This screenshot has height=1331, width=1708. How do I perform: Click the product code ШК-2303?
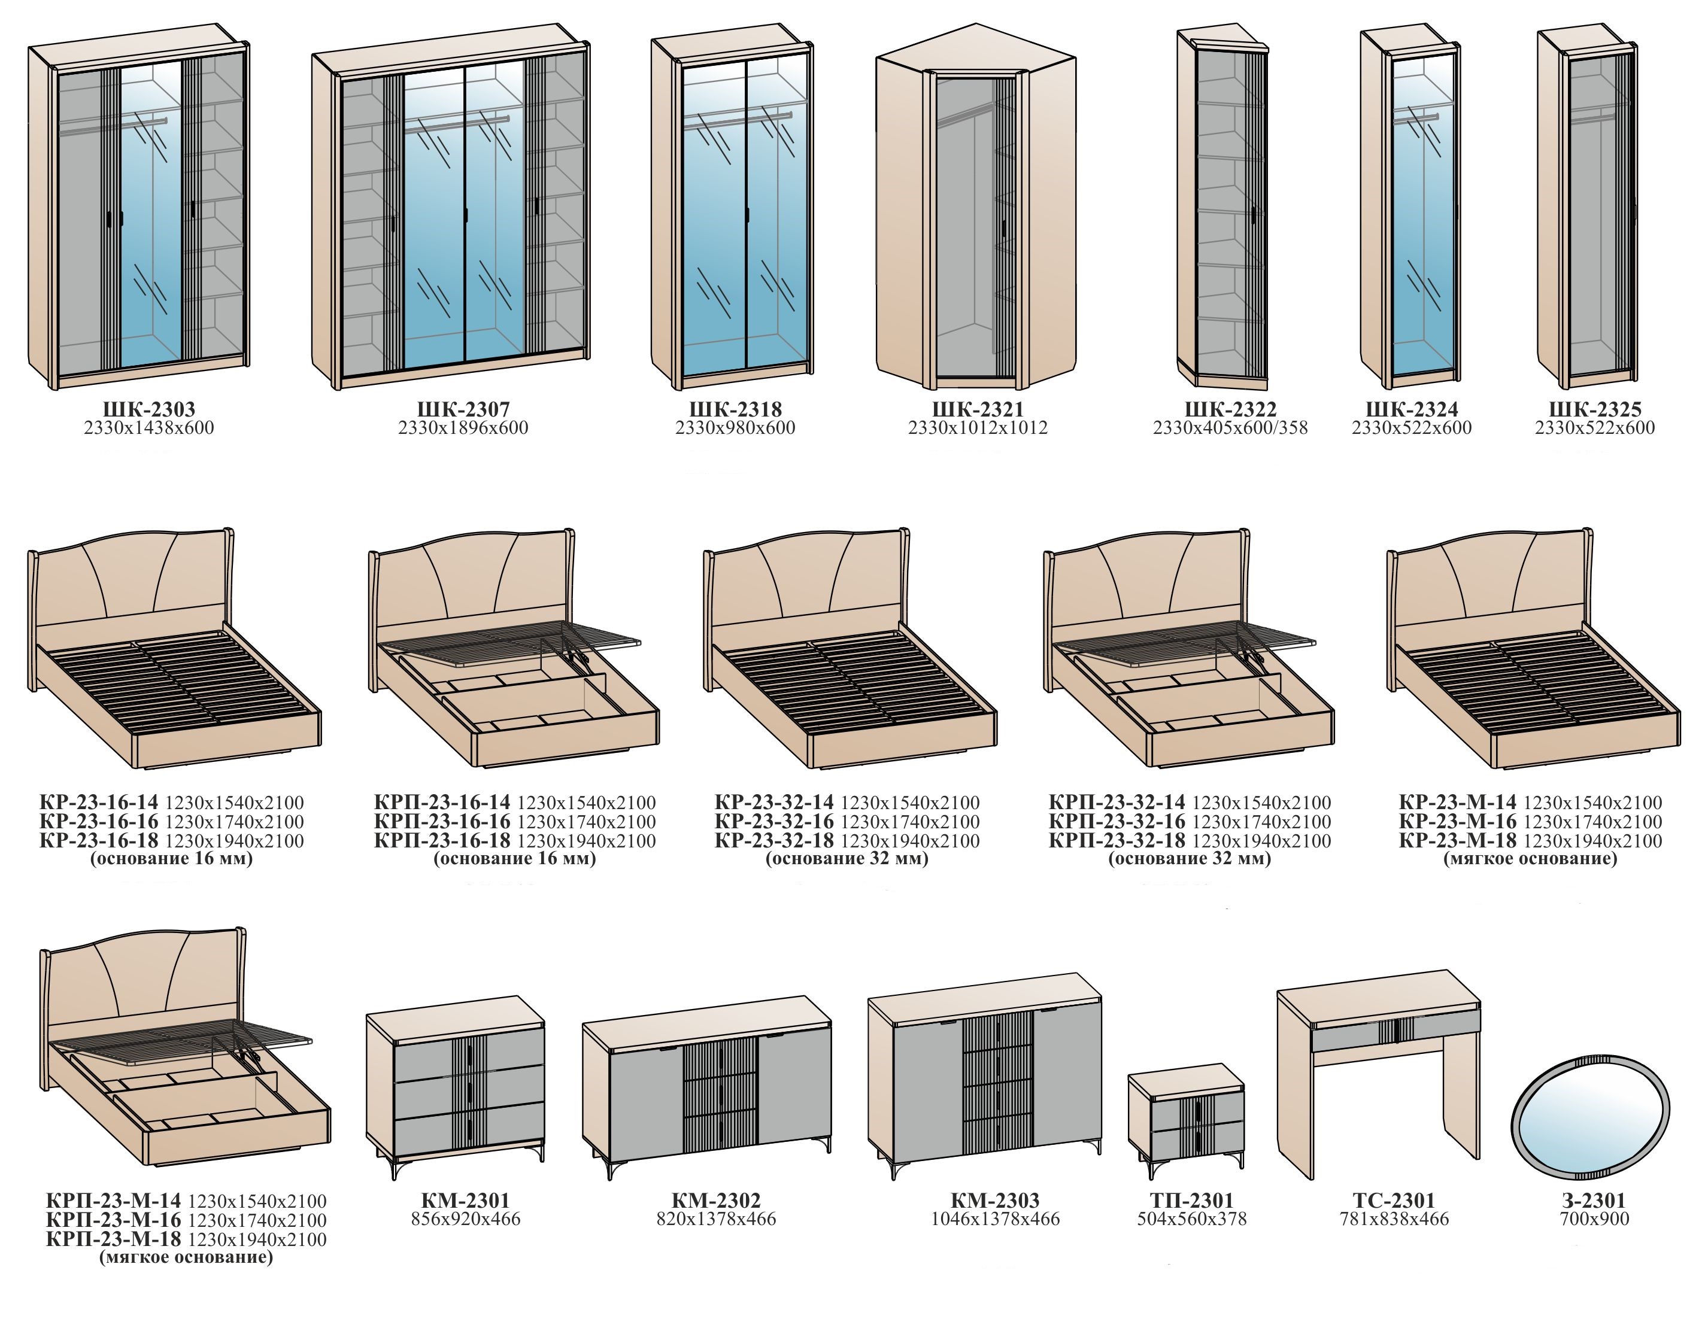pos(148,409)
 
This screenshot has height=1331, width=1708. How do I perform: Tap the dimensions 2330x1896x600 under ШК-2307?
pos(463,428)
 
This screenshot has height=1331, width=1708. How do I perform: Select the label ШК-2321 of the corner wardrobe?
pos(978,409)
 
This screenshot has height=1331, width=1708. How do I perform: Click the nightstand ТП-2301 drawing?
pos(1185,1120)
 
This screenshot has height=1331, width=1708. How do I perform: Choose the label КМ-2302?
pos(715,1199)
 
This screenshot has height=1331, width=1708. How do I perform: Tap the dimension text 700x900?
pos(1594,1218)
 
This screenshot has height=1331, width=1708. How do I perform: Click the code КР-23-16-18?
pos(99,841)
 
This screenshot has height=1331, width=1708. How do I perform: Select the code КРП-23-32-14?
pos(1117,803)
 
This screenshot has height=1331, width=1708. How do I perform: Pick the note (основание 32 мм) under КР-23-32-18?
pos(847,859)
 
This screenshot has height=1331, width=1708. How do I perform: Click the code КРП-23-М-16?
pos(113,1220)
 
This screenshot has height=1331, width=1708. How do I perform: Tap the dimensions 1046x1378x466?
pos(995,1218)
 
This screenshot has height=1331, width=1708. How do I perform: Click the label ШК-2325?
pos(1595,409)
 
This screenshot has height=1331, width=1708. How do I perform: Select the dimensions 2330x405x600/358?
pos(1230,428)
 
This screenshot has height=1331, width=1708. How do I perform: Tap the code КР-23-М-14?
pos(1458,803)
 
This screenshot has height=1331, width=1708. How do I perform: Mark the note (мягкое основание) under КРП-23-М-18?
pos(186,1257)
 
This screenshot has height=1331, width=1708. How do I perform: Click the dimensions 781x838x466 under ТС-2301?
pos(1394,1218)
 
